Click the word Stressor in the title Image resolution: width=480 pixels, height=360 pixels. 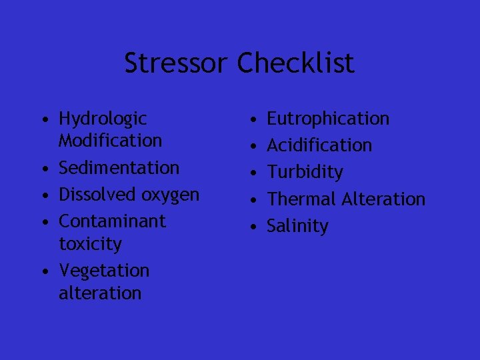tap(177, 64)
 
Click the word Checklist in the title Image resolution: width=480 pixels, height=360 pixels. tap(296, 64)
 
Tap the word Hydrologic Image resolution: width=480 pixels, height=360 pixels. tap(103, 119)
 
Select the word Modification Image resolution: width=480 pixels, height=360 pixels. tap(111, 141)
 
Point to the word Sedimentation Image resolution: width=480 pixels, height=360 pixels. tap(119, 167)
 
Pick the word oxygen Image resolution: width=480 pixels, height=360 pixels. tap(171, 195)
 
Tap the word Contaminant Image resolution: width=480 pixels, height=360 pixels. tap(112, 221)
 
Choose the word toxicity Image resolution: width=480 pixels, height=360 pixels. tap(91, 244)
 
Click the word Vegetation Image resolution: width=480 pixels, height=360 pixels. tap(104, 271)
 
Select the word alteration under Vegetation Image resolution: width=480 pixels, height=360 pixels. tap(100, 293)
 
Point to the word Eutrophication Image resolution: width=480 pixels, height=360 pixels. tap(328, 119)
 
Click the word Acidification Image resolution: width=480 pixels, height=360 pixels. tap(319, 145)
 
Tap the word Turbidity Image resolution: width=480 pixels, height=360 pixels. tap(305, 173)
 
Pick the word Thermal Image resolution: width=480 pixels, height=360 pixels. tap(300, 199)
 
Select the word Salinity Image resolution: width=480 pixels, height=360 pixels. tap(297, 226)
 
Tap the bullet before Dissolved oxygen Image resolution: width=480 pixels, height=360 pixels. tap(43, 195)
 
